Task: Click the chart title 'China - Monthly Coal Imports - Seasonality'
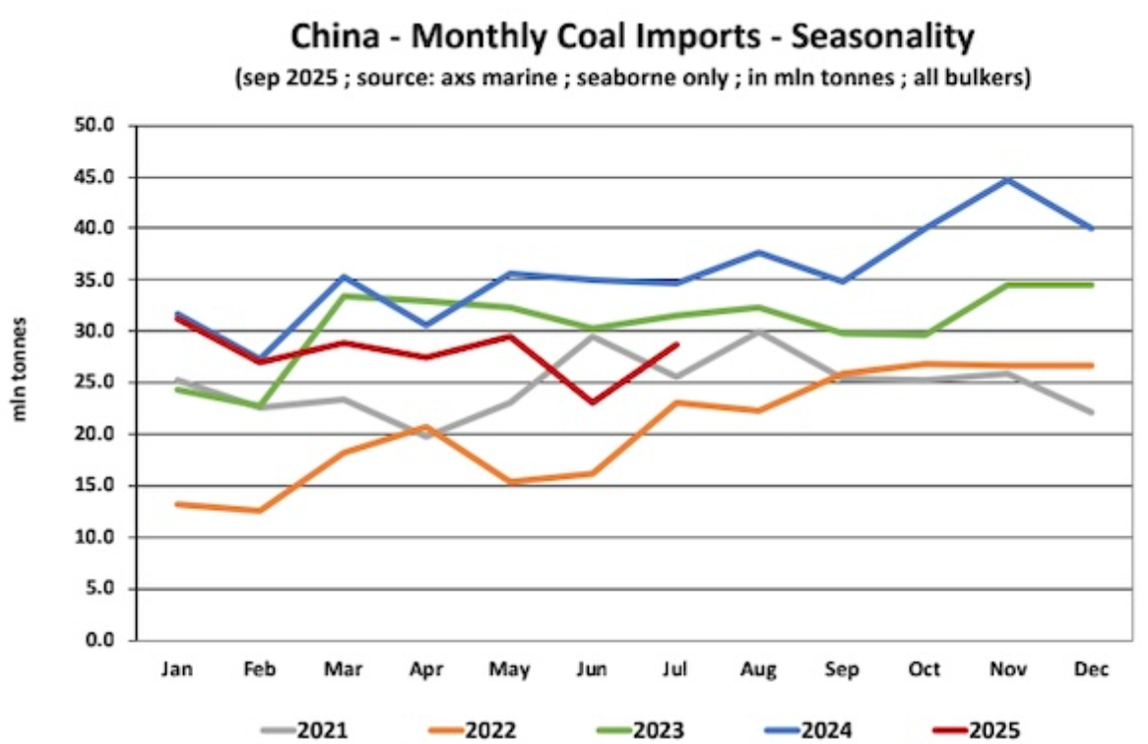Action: click(632, 37)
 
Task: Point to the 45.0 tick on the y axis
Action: click(96, 177)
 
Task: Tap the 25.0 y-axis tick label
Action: click(96, 383)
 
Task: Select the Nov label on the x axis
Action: click(1008, 670)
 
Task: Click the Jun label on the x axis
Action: click(592, 670)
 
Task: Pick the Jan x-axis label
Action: click(175, 670)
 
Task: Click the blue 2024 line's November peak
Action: click(1008, 179)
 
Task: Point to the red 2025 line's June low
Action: click(592, 403)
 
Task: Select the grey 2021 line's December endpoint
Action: click(1092, 412)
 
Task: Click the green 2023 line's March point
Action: click(343, 295)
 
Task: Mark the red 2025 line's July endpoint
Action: click(675, 344)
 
